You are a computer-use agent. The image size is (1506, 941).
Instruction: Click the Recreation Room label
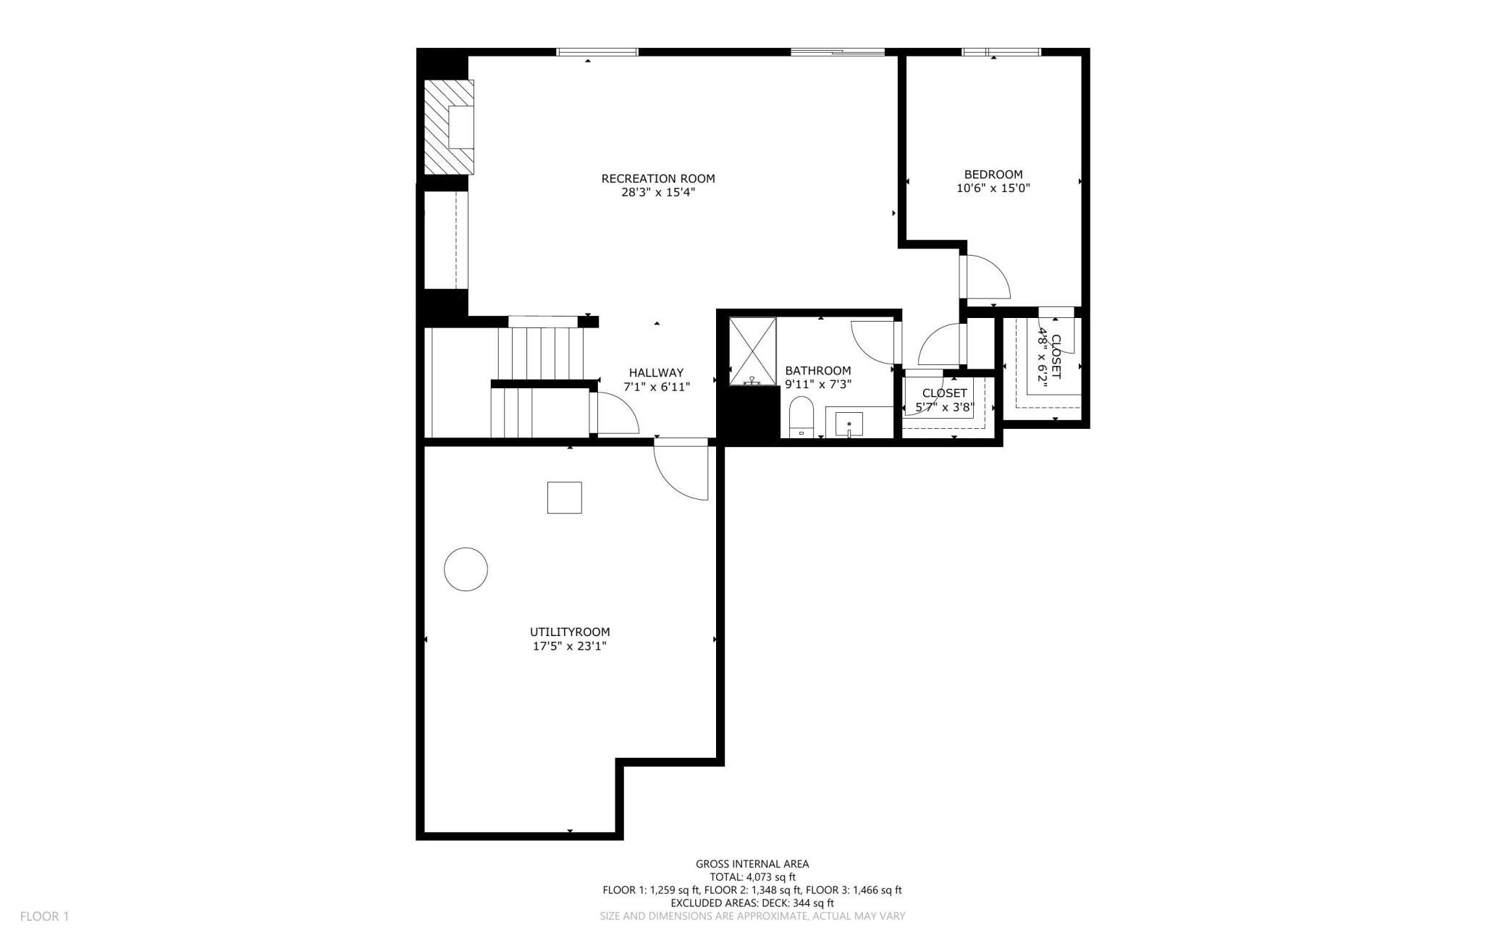[658, 179]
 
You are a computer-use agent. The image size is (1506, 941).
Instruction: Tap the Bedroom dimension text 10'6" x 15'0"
[993, 188]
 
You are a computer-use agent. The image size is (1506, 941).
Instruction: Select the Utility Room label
[570, 632]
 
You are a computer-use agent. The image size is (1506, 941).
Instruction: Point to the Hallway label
[656, 373]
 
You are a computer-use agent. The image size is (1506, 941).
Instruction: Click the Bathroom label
[818, 371]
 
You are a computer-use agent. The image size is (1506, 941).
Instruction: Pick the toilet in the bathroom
[802, 417]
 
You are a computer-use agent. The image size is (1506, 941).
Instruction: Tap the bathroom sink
[849, 425]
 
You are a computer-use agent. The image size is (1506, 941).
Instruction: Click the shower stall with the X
[753, 351]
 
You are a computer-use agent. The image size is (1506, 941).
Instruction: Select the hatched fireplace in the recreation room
[449, 127]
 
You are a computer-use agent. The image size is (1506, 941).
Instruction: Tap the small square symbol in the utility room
[565, 498]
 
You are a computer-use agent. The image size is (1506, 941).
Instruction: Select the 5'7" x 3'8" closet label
[945, 400]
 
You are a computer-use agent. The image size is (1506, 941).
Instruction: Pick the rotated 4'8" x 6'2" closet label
[1049, 357]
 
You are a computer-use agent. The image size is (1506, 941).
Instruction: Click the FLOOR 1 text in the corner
[44, 916]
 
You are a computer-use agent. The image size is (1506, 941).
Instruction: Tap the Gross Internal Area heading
[752, 863]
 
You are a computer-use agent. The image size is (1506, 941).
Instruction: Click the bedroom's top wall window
[1001, 52]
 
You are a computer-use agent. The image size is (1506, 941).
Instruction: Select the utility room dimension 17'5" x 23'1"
[570, 646]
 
